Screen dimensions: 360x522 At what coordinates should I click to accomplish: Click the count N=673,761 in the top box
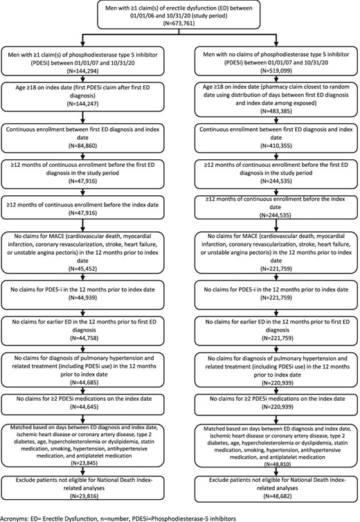pos(179,24)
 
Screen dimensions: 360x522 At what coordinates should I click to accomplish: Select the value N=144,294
pos(83,71)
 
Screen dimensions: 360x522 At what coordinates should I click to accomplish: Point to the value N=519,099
pos(276,71)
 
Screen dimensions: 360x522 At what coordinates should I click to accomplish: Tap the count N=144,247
pos(83,104)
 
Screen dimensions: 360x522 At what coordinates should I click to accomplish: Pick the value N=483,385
pos(276,111)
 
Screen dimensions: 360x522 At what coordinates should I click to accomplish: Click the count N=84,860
pos(83,145)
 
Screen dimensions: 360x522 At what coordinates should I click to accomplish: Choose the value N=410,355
pos(276,145)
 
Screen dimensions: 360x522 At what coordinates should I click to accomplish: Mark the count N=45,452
pos(83,269)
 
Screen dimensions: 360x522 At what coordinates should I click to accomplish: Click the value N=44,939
pos(83,297)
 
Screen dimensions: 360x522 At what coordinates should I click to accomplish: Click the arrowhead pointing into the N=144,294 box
pos(83,44)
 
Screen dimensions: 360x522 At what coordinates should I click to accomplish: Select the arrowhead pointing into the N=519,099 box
pos(276,44)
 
